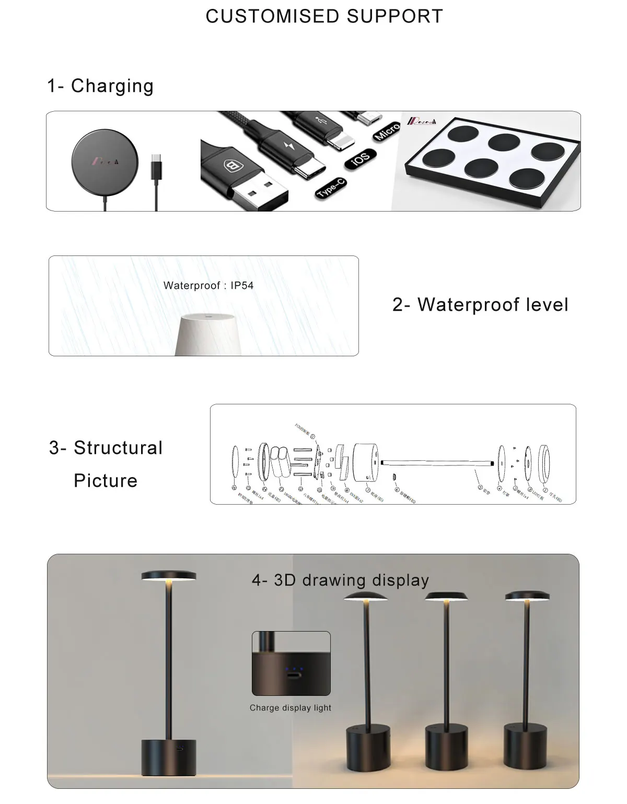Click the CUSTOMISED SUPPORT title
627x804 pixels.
point(324,16)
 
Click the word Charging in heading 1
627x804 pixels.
point(112,86)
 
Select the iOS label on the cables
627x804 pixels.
point(361,157)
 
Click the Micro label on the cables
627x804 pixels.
point(387,131)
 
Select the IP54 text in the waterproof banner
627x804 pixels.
point(242,286)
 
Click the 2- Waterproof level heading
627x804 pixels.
point(480,305)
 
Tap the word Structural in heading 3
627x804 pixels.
point(118,448)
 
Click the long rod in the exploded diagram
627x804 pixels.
point(436,463)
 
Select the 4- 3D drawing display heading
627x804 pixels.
point(340,580)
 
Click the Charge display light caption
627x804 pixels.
point(291,708)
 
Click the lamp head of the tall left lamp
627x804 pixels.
point(169,576)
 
